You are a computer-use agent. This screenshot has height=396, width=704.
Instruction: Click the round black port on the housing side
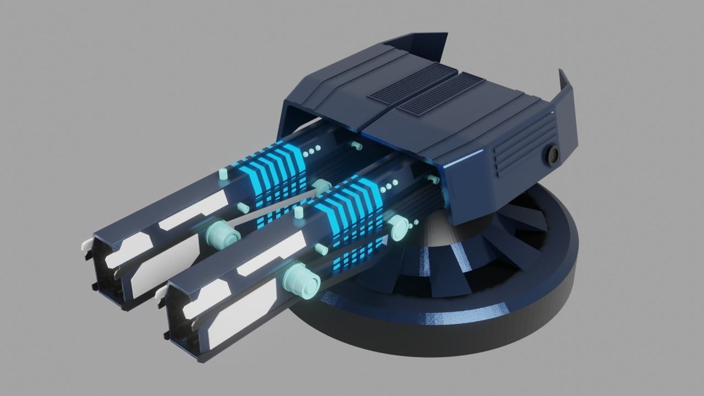point(552,156)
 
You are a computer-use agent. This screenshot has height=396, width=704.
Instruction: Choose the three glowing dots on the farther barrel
point(312,150)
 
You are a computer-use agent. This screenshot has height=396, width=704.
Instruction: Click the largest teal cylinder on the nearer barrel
point(301,280)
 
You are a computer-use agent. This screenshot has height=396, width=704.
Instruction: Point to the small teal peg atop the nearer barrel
point(300,212)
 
